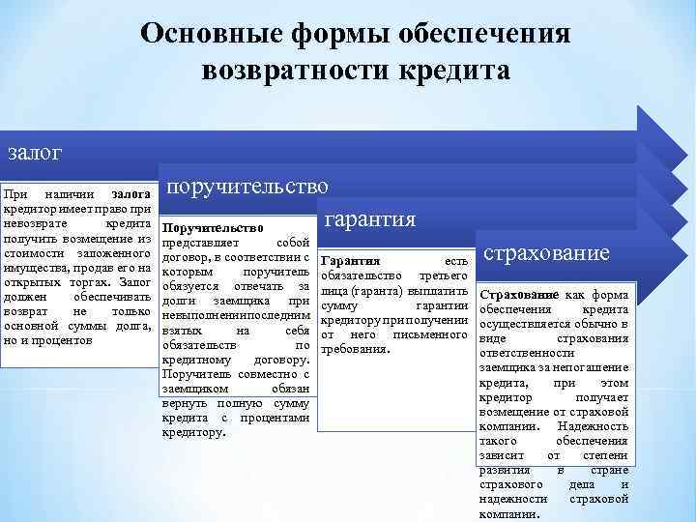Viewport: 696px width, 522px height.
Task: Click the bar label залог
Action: pos(35,153)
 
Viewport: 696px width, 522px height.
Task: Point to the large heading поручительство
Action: pos(246,185)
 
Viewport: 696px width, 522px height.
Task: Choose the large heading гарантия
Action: pos(371,219)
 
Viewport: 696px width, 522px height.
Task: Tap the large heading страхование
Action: pos(546,253)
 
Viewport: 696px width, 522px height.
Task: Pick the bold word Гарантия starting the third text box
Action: pos(350,261)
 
